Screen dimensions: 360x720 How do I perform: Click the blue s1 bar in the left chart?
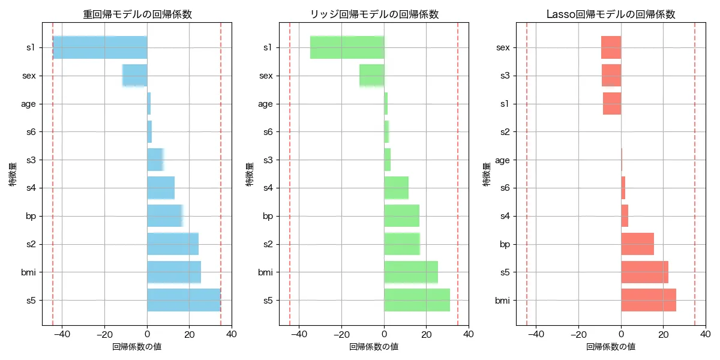click(x=100, y=47)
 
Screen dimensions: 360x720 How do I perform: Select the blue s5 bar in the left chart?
click(x=184, y=300)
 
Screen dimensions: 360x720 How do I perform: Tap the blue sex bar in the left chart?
click(x=135, y=76)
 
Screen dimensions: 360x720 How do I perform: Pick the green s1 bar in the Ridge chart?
click(x=347, y=47)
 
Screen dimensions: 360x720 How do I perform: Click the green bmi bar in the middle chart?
click(x=411, y=272)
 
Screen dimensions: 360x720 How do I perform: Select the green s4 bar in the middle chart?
click(x=396, y=188)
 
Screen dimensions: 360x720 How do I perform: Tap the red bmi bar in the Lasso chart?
click(x=649, y=300)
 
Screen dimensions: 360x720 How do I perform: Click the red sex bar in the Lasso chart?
click(x=611, y=47)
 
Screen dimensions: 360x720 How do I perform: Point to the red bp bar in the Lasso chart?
click(x=637, y=244)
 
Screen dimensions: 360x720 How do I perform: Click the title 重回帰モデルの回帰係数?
click(x=137, y=14)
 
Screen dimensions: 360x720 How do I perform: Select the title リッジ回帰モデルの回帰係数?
click(x=374, y=14)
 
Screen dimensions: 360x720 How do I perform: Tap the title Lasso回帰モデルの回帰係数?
click(x=611, y=14)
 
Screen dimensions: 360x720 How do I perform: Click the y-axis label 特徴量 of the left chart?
click(x=13, y=174)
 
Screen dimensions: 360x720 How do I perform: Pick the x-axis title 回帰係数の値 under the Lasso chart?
click(x=611, y=347)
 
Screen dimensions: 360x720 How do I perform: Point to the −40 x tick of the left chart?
click(x=62, y=334)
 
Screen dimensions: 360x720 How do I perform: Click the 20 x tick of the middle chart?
click(x=427, y=334)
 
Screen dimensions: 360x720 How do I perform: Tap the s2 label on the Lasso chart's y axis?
click(x=504, y=131)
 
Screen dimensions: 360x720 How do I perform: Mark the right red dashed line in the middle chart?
click(x=458, y=174)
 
